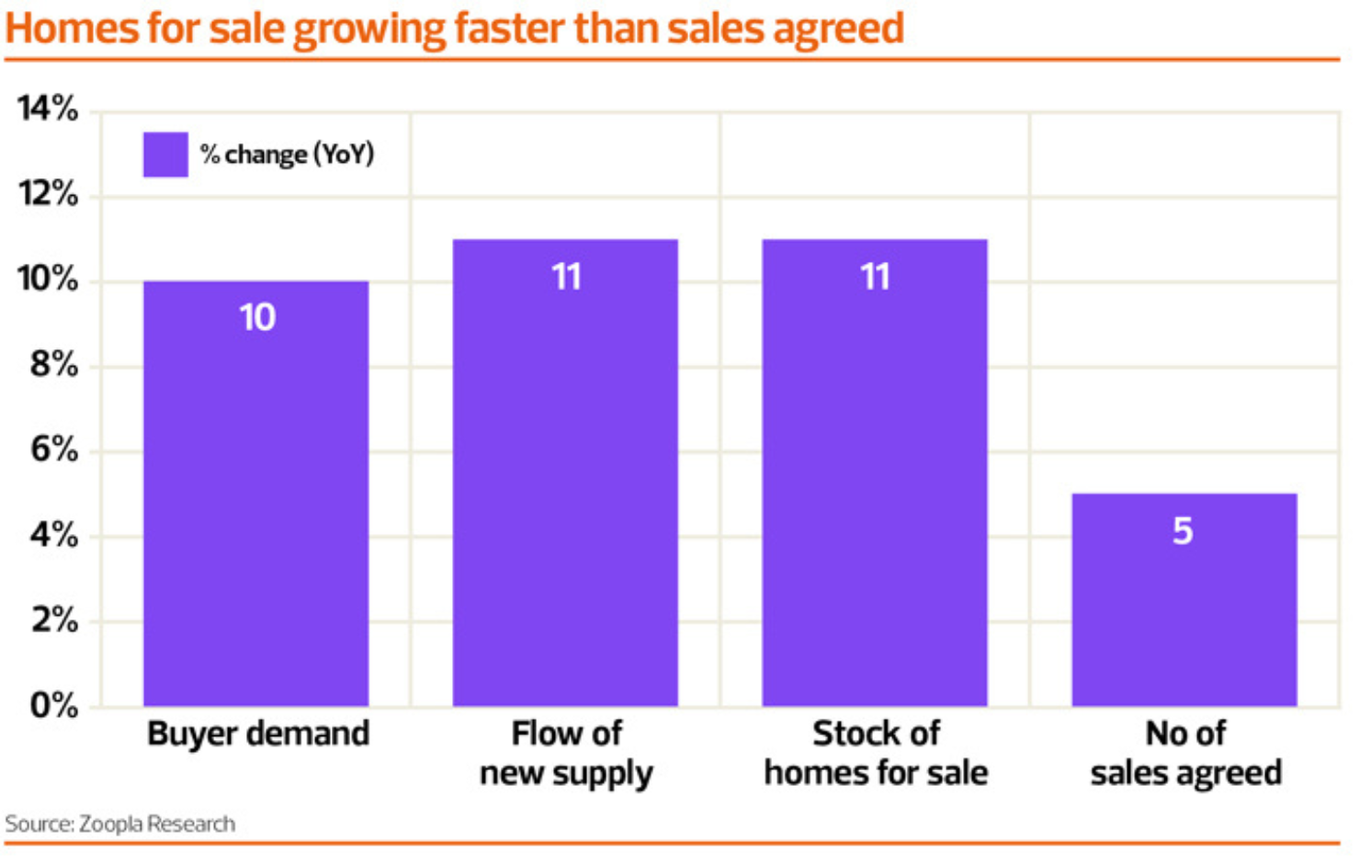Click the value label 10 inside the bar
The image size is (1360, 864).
point(257,318)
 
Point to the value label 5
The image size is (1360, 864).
point(1183,531)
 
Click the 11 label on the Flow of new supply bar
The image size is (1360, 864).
point(566,277)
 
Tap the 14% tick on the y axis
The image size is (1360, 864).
point(48,108)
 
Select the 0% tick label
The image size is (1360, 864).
point(53,705)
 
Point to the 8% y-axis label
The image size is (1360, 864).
point(53,365)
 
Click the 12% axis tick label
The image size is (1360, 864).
point(48,194)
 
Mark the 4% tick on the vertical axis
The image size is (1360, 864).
point(53,535)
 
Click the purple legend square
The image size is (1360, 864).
point(165,154)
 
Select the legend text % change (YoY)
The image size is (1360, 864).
point(287,154)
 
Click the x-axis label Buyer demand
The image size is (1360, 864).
point(258,734)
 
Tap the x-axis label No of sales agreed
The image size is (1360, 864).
point(1185,754)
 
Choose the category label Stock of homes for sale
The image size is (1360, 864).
point(876,754)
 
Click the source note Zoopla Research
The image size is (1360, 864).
point(120,824)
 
